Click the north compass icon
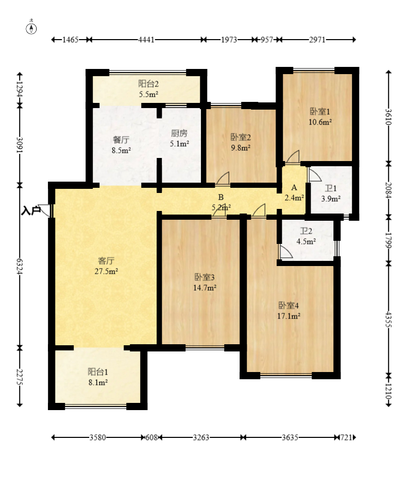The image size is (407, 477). coord(31,28)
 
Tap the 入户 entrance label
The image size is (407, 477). coord(31,210)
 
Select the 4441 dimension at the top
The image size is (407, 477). coord(146,40)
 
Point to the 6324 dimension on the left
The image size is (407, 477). coord(20,267)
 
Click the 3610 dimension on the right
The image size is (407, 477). coord(388,117)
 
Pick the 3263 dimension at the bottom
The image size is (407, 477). coord(201,437)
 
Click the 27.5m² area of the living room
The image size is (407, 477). coord(106,271)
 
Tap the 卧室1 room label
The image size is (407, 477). coord(320,112)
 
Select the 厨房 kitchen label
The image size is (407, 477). coord(179,133)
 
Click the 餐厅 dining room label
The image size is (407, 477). coord(121,140)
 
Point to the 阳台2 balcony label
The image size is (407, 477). coord(148,84)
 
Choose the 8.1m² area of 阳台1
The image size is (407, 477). coord(98,382)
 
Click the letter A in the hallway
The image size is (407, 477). coord(294,187)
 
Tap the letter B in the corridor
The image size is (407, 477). coord(221,198)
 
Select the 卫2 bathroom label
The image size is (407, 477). coord(306,231)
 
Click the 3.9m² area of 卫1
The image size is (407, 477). coord(331,199)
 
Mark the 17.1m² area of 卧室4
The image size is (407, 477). coord(289,316)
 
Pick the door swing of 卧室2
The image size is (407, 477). coord(223,178)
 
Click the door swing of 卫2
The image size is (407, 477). coord(286,252)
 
